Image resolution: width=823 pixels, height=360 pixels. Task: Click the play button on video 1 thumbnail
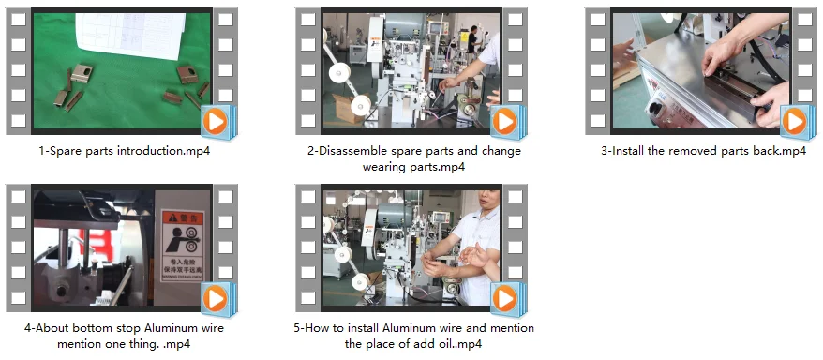(x=216, y=122)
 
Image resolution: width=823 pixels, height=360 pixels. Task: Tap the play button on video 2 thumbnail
(x=505, y=122)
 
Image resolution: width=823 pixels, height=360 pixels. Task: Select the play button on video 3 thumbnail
(x=795, y=122)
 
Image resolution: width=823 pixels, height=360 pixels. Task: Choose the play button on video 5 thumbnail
(x=505, y=299)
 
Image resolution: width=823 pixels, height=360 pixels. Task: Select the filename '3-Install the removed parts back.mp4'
(x=703, y=151)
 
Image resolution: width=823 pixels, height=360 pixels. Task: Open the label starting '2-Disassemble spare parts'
(x=414, y=159)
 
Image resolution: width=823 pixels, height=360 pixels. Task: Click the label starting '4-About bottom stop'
(x=124, y=336)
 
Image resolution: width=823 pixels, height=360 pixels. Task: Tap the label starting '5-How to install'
(x=413, y=336)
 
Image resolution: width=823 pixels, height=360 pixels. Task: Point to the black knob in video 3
(x=656, y=109)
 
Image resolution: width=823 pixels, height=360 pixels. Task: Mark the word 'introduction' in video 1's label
(x=151, y=151)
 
